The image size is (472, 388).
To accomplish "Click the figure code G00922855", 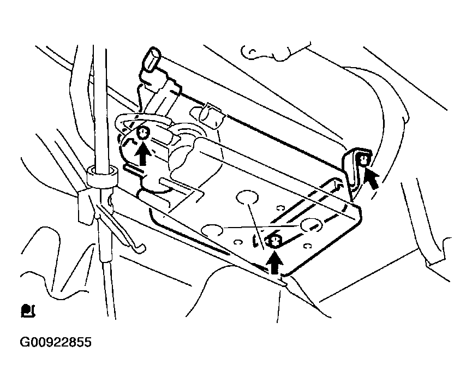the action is [56, 342].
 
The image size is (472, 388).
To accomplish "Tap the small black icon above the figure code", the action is [28, 311].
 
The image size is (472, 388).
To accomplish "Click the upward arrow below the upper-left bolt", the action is [142, 154].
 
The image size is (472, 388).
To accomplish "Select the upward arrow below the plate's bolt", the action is [274, 262].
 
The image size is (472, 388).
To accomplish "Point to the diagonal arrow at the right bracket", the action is [371, 178].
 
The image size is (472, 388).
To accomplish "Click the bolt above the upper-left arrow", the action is [142, 133].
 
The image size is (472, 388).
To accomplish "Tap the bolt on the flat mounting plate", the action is [273, 241].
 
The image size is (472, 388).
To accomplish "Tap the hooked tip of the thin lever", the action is [141, 249].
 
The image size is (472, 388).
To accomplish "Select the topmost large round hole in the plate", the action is [247, 197].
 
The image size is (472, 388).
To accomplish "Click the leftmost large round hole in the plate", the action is [212, 230].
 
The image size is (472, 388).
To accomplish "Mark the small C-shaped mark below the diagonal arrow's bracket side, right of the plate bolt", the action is [307, 246].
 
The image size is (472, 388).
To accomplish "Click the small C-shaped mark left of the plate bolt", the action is [238, 242].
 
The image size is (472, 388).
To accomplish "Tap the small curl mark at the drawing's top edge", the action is [252, 53].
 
